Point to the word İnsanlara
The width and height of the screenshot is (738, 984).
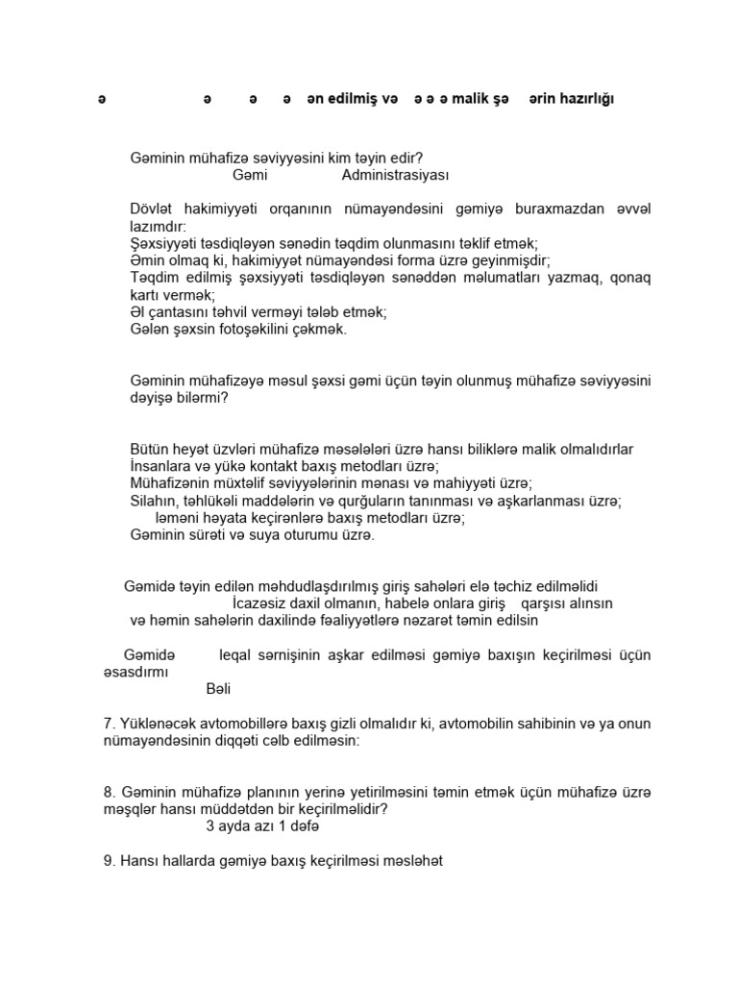pos(161,466)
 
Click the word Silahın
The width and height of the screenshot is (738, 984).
pos(154,501)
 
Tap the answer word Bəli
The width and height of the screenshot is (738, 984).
pos(219,689)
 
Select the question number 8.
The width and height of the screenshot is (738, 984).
pos(108,792)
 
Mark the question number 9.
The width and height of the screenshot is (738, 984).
pos(108,861)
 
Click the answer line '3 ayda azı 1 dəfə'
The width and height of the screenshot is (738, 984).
pos(261,826)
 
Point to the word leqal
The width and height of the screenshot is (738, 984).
pos(236,655)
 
